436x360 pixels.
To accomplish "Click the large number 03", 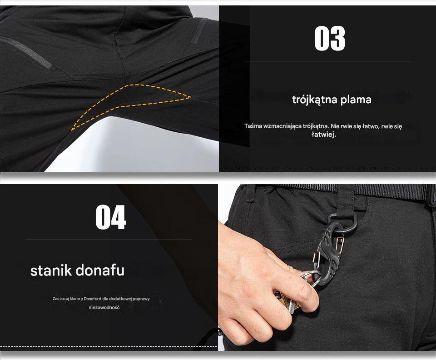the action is tap(330, 38).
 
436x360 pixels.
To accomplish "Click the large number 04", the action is tap(111, 217).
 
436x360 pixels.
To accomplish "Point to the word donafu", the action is tap(100, 271).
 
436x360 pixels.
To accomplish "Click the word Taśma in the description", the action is tap(253, 126).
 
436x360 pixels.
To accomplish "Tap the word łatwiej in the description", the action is tap(324, 135).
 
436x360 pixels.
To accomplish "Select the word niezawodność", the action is tap(104, 308).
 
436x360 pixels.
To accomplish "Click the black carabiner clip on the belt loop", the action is tap(332, 248).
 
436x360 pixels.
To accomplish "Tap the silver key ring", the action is tap(309, 278).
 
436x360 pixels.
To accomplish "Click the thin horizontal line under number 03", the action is tap(328, 61).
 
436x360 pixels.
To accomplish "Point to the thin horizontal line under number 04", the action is tap(109, 240).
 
